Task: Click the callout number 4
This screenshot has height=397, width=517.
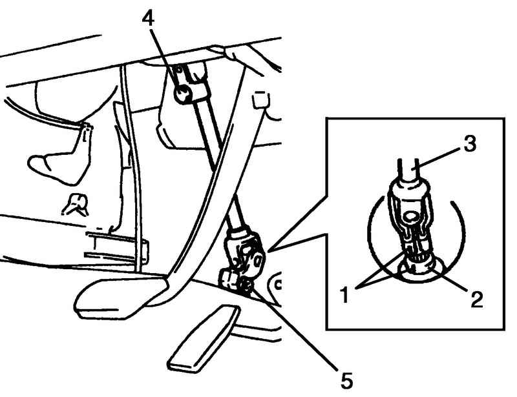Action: pos(148,19)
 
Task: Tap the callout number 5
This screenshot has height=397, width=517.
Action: pos(346,381)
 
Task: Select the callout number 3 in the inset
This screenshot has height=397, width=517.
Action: pos(470,144)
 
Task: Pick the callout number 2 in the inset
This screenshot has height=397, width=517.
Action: pos(476,300)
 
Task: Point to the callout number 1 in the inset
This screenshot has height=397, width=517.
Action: pos(345,294)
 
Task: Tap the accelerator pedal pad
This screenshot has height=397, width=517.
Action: pos(205,340)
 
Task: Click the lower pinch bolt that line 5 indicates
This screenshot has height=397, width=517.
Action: pos(246,284)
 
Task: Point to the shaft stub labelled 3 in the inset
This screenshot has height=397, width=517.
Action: pos(408,171)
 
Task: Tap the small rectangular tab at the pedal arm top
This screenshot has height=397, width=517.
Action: pos(260,100)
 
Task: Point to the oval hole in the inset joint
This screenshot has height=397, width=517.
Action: pos(412,217)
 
